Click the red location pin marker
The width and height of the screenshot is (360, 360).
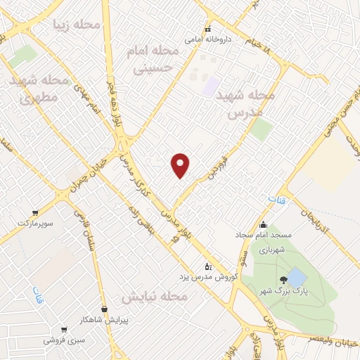point(181,165)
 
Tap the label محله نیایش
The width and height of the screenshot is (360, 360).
point(155,297)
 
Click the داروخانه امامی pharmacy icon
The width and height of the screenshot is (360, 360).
point(207,30)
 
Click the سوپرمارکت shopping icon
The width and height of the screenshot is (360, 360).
point(35,212)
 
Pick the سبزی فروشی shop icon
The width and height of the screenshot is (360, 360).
point(65,329)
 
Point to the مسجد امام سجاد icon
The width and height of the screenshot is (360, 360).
point(263,226)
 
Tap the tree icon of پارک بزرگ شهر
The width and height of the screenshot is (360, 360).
point(283,281)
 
